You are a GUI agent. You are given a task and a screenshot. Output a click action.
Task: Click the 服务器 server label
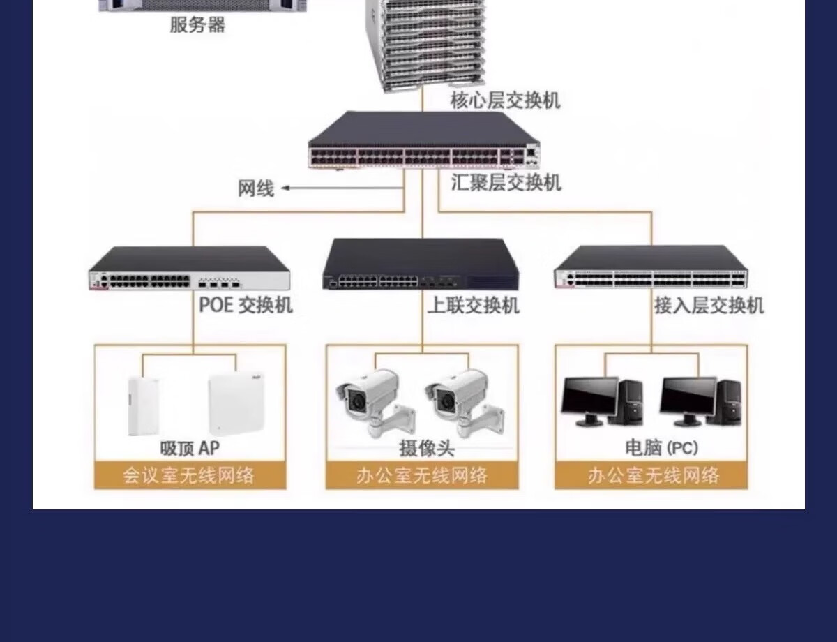coord(197,25)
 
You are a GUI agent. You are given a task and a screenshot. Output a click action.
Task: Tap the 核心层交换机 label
coord(506,100)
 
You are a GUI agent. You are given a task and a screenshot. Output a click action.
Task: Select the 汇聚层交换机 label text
coord(506,182)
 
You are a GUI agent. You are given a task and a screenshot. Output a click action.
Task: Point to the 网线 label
coord(256,188)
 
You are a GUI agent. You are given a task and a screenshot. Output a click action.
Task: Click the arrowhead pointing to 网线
coord(286,188)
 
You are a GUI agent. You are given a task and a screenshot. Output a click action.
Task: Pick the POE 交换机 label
coord(246,305)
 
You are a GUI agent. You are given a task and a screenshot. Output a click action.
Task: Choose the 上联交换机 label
coord(474,306)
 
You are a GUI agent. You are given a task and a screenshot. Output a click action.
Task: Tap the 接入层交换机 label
coord(709,306)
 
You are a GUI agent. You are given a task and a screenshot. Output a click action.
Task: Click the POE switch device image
coord(189,268)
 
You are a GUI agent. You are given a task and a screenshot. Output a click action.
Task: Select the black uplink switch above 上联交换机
coord(421,264)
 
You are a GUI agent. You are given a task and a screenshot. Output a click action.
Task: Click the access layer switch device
coord(651,267)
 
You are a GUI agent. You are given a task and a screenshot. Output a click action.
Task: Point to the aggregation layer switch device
coord(423,140)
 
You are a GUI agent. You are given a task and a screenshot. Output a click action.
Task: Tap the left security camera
coord(375,403)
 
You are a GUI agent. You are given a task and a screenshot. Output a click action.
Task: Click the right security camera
coord(464,403)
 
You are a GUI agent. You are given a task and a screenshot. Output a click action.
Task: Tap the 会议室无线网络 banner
coord(190,475)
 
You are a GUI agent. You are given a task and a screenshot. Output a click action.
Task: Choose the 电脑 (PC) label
coord(661,448)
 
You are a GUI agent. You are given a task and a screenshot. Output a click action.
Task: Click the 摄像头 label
coord(426,449)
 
